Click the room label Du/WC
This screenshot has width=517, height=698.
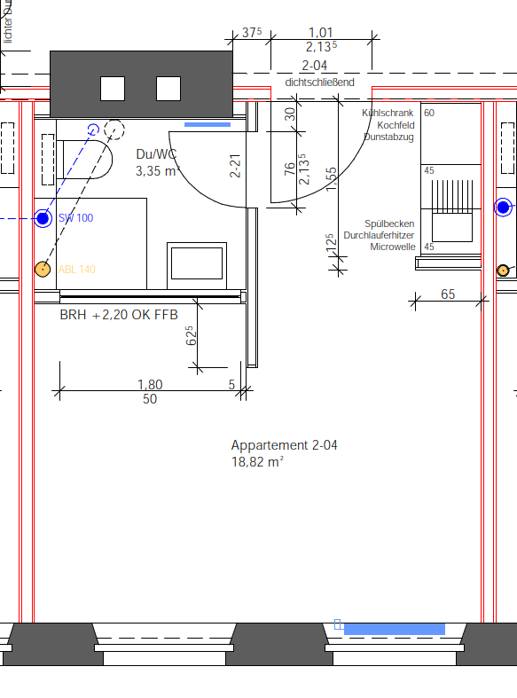(x=157, y=154)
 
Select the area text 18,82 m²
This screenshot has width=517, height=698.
(x=257, y=461)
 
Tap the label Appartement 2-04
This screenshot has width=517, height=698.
(x=284, y=445)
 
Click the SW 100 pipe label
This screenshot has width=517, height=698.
(x=75, y=218)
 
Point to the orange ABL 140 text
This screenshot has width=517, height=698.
(x=76, y=270)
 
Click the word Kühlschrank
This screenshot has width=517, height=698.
(x=388, y=114)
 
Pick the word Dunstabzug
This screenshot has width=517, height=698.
(x=388, y=138)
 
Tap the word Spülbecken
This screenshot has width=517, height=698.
(x=388, y=224)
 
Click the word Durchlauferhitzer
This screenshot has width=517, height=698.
(x=378, y=236)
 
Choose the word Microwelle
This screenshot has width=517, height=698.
(x=392, y=247)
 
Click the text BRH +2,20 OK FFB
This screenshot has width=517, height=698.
(x=119, y=315)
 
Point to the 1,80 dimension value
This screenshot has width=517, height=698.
(x=150, y=384)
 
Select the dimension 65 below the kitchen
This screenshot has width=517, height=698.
(x=447, y=294)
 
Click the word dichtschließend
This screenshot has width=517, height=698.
(x=319, y=82)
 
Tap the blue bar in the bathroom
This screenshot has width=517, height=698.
(x=208, y=124)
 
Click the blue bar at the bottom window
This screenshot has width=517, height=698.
(x=394, y=629)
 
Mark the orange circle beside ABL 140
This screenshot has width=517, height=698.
(x=42, y=269)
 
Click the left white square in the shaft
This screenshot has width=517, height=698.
(x=113, y=89)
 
